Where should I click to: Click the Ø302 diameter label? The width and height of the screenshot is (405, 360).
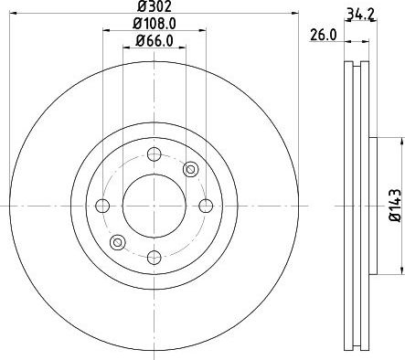(x=155, y=6)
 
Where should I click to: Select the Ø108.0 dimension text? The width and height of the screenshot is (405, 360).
(x=155, y=24)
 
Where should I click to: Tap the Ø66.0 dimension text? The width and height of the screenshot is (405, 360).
(x=155, y=41)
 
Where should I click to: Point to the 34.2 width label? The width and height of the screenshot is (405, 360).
(x=360, y=15)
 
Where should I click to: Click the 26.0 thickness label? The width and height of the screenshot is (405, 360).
(x=324, y=35)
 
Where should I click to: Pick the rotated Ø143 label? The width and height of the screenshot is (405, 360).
(x=396, y=206)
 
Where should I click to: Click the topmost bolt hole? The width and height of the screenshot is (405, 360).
(x=155, y=154)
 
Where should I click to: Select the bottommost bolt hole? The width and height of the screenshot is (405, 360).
(x=155, y=258)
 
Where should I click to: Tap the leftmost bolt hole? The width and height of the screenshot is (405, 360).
(x=102, y=206)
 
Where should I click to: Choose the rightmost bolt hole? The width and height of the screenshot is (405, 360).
(x=206, y=206)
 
